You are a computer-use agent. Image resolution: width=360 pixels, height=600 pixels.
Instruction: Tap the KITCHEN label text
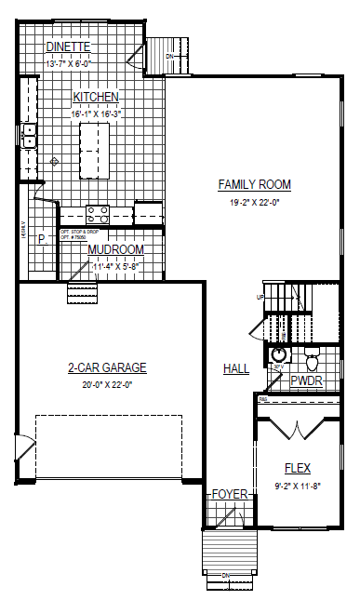pyautogui.click(x=97, y=97)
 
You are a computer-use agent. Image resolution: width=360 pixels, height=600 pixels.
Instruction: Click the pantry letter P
pyautogui.click(x=41, y=239)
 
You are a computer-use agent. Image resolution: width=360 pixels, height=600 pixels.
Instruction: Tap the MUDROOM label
pyautogui.click(x=115, y=250)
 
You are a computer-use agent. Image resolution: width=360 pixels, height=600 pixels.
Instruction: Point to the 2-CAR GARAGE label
pyautogui.click(x=108, y=368)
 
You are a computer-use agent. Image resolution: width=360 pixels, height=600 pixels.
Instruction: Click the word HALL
pyautogui.click(x=236, y=369)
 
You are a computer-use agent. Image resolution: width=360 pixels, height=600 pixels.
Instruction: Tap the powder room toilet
pyautogui.click(x=312, y=356)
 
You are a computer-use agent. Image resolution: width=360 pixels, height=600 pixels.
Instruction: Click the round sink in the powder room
pyautogui.click(x=278, y=355)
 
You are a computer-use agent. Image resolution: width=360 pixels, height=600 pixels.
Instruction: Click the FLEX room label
pyautogui.click(x=297, y=468)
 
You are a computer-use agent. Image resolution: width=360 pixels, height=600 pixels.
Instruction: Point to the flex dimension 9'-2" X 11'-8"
pyautogui.click(x=297, y=484)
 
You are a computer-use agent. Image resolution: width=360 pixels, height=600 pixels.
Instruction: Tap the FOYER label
pyautogui.click(x=229, y=494)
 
